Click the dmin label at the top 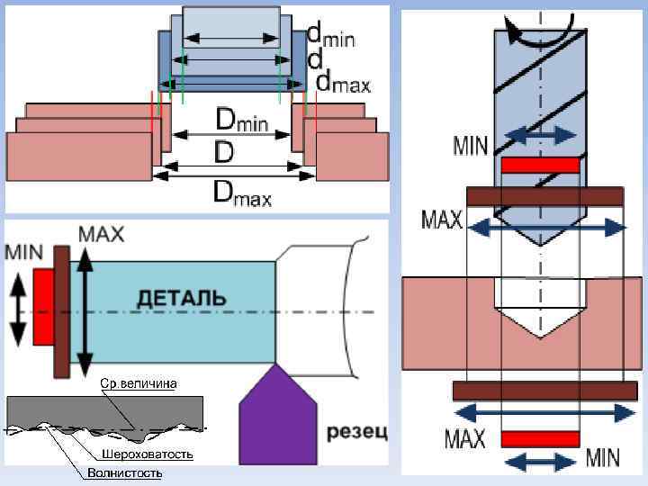click(x=331, y=36)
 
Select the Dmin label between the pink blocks click(x=241, y=120)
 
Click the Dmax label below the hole click(x=241, y=192)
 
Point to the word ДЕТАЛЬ click(x=182, y=298)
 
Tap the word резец click(x=356, y=433)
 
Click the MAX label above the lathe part click(x=102, y=233)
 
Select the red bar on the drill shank click(x=540, y=165)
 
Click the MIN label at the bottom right click(x=602, y=458)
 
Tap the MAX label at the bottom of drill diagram click(x=465, y=439)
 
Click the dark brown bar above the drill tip click(x=545, y=196)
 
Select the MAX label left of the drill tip click(x=442, y=220)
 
